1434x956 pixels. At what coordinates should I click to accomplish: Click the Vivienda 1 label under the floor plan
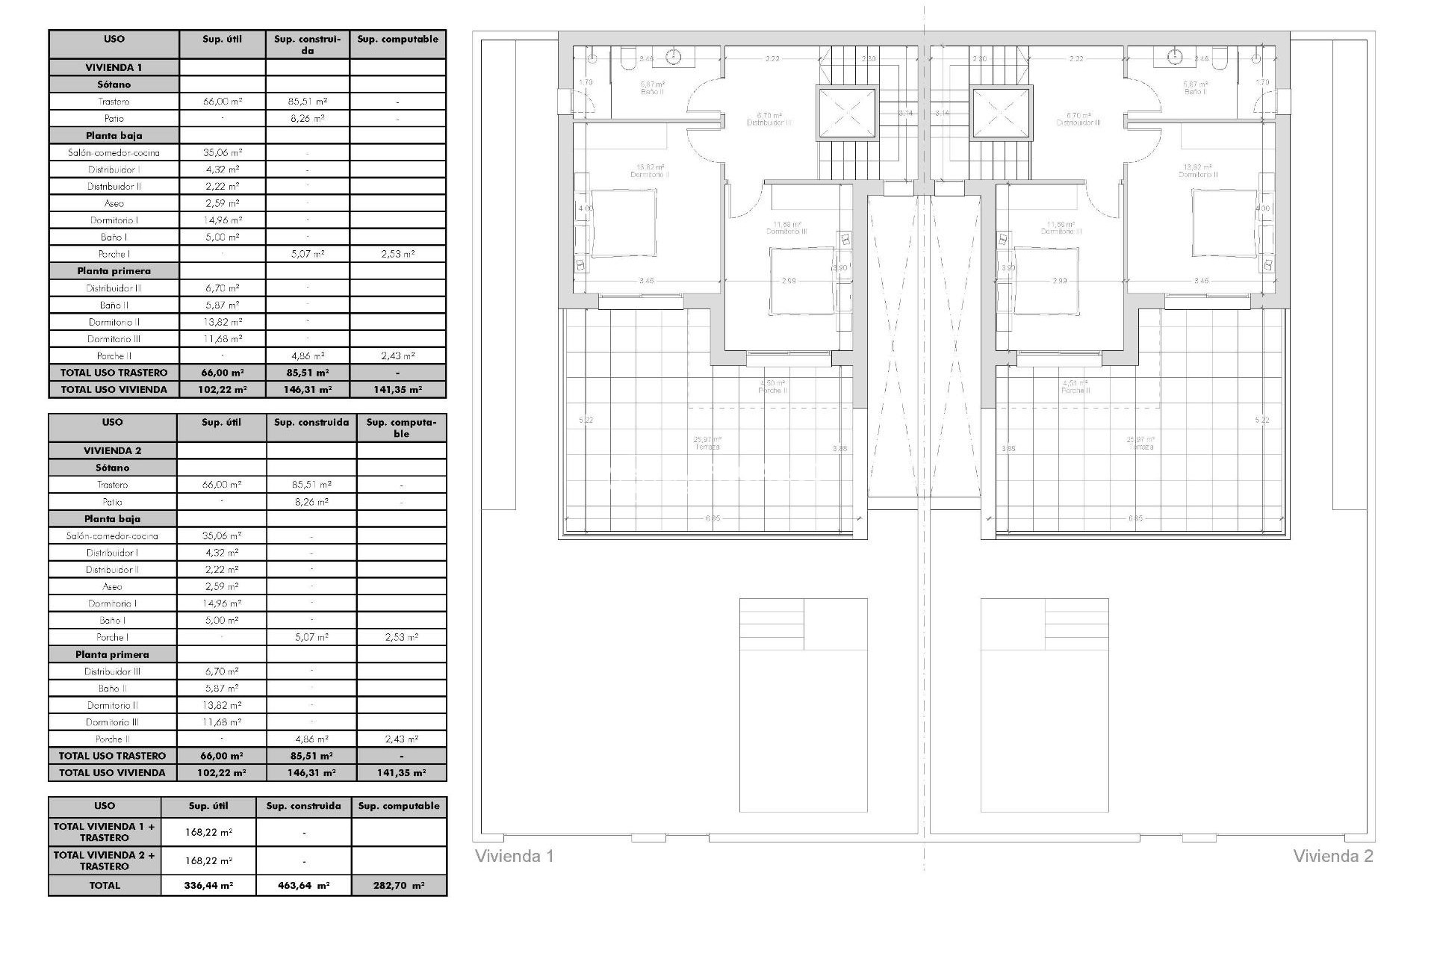515,856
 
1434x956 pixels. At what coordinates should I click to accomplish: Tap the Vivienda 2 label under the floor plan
1333,856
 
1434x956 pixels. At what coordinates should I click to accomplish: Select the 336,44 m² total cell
208,886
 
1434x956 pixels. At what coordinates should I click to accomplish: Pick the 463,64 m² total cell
303,886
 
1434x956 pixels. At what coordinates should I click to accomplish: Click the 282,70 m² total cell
399,886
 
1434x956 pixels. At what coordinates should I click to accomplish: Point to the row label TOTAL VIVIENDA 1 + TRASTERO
105,832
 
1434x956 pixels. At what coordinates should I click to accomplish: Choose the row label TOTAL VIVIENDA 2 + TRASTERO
105,860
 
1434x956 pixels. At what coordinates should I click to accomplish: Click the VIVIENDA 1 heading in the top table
114,67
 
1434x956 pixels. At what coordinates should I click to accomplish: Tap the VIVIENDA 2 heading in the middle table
112,450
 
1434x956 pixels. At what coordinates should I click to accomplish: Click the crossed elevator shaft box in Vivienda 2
1002,114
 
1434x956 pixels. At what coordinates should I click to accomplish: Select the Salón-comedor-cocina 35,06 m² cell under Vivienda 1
223,152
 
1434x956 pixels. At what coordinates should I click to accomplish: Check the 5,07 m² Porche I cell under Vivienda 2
311,637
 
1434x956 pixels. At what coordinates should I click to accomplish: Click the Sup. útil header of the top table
223,39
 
